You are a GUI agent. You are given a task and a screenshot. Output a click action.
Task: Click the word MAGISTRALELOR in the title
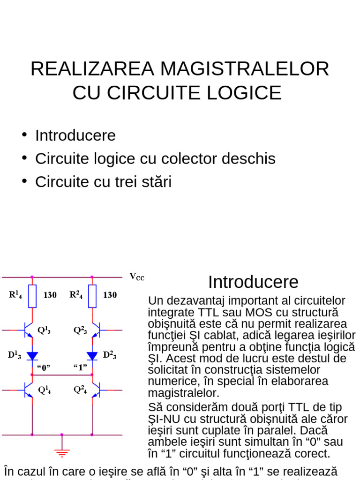[x=244, y=69]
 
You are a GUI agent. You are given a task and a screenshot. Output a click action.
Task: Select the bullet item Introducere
[x=75, y=135]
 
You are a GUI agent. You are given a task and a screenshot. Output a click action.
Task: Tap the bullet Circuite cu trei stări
[x=103, y=181]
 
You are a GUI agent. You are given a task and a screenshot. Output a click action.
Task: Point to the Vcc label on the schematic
[x=137, y=277]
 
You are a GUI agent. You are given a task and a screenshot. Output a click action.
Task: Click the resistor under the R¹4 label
[x=32, y=296]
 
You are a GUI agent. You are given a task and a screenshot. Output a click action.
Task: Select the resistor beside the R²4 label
[x=92, y=296]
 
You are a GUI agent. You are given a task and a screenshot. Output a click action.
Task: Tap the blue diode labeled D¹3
[x=32, y=355]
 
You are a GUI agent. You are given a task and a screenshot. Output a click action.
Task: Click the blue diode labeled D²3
[x=92, y=355]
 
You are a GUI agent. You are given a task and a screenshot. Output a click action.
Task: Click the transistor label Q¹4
[x=45, y=390]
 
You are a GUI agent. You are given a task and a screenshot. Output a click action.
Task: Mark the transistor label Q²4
[x=80, y=390]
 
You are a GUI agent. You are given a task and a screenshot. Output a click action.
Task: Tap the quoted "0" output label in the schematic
[x=43, y=367]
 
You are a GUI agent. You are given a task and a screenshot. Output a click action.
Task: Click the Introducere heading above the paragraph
[x=253, y=282]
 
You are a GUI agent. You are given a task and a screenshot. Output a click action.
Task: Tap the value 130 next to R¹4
[x=50, y=295]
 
